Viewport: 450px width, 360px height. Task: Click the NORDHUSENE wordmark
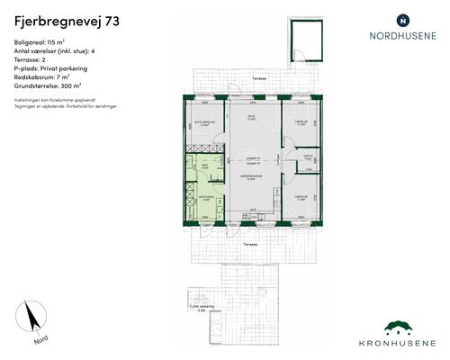point(402,37)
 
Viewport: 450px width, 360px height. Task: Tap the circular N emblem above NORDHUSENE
point(402,19)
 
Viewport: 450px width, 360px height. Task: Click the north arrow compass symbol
point(33,319)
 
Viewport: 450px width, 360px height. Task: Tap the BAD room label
point(204,166)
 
